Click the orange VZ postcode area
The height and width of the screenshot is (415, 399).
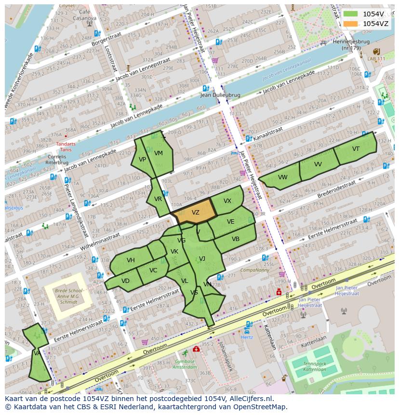click(x=195, y=212)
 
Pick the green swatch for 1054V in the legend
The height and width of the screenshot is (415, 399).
click(x=351, y=14)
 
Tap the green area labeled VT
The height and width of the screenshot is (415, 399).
click(x=356, y=148)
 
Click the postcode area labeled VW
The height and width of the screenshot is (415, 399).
click(x=282, y=177)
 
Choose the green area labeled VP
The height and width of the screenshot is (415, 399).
click(x=142, y=160)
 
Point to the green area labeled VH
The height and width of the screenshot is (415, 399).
click(x=131, y=260)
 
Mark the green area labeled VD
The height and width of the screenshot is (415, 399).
click(x=125, y=281)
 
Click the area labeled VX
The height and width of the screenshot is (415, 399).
click(x=227, y=201)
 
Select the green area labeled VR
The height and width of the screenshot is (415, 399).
click(x=158, y=199)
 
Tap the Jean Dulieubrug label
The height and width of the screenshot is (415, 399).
click(x=220, y=95)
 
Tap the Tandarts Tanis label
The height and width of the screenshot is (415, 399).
click(x=66, y=147)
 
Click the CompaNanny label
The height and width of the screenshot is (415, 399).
click(x=255, y=270)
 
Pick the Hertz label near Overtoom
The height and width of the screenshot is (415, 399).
click(x=246, y=337)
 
